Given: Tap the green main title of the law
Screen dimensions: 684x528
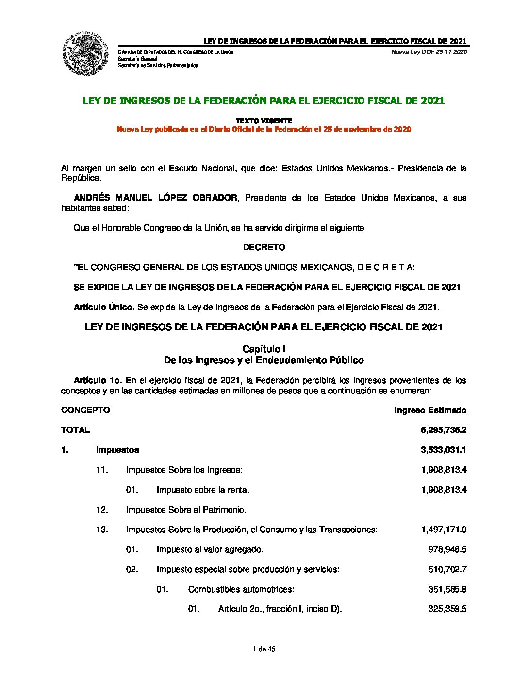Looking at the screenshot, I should (x=264, y=101).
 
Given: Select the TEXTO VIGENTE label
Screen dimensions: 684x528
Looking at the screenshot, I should (x=264, y=120).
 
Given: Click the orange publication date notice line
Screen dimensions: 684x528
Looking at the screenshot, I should (x=264, y=129).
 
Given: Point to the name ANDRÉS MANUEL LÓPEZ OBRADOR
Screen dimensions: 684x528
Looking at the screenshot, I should (x=156, y=198).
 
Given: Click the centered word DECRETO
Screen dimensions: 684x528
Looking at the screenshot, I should (x=264, y=247).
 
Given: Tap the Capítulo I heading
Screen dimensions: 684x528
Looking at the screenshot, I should (x=264, y=349).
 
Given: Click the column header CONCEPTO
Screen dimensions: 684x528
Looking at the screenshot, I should (x=85, y=410).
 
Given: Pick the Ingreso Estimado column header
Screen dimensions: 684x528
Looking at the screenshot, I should (x=430, y=410).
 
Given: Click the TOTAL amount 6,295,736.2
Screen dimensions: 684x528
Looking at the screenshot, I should (x=444, y=430).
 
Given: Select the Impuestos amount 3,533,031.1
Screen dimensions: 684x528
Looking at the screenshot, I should (x=444, y=450).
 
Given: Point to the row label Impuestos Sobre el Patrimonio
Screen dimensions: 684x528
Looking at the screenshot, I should (x=186, y=510).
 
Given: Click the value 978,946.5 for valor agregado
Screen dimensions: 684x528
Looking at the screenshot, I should (x=447, y=549).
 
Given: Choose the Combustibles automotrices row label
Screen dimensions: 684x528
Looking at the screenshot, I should (x=241, y=589).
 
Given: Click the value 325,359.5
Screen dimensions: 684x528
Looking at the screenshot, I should (x=447, y=609).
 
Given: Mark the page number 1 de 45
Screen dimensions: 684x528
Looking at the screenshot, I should (x=264, y=649).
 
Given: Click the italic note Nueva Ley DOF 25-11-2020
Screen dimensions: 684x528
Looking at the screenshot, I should (x=429, y=52).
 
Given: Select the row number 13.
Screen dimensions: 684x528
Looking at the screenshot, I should (x=102, y=530).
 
